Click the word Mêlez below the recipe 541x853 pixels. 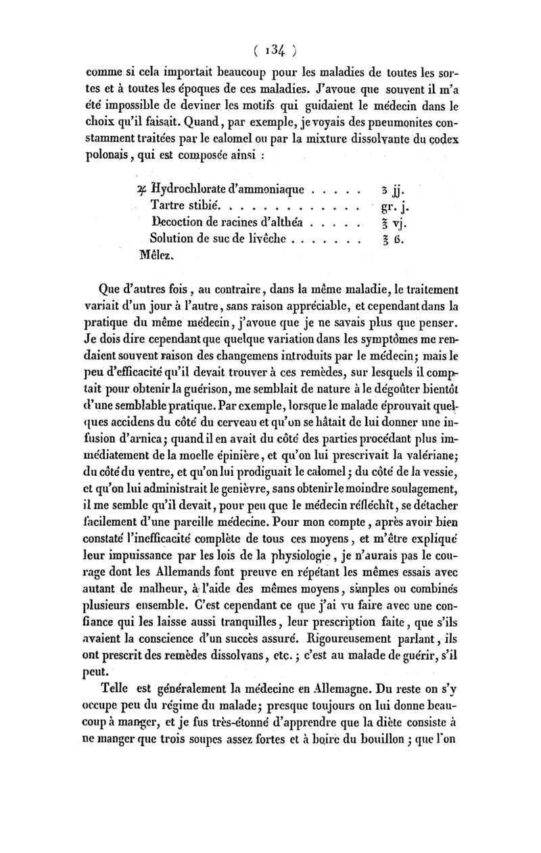[156, 256]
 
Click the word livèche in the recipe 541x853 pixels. [258, 239]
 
